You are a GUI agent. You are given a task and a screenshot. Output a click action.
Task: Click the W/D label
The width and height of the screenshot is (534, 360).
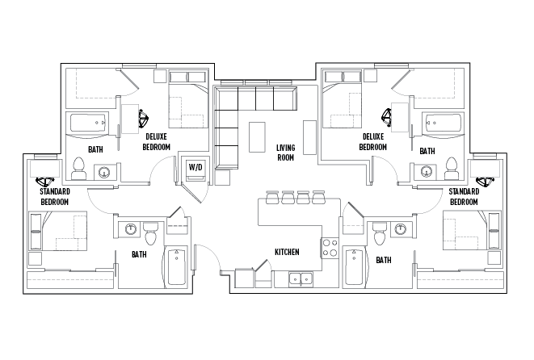pyautogui.click(x=196, y=167)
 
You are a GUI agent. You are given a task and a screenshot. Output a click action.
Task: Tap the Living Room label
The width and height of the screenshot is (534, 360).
pyautogui.click(x=285, y=153)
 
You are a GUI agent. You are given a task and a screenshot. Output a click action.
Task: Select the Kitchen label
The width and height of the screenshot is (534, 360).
pyautogui.click(x=287, y=252)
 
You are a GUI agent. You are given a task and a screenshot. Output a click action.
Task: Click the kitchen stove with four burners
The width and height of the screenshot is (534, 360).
pyautogui.click(x=330, y=248)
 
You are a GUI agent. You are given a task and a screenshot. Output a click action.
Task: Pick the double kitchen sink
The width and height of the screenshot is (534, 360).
pyautogui.click(x=301, y=279)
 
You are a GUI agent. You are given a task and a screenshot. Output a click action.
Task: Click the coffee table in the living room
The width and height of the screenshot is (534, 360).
pyautogui.click(x=257, y=137)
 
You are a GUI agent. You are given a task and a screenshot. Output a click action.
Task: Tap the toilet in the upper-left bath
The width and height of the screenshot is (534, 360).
pyautogui.click(x=78, y=169)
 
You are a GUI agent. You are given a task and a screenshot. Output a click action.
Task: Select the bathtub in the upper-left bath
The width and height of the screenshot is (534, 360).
pyautogui.click(x=88, y=123)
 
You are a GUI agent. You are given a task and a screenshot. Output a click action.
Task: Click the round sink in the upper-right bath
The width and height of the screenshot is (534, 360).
pyautogui.click(x=426, y=171)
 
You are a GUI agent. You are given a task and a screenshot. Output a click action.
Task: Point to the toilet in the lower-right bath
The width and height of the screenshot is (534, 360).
pyautogui.click(x=380, y=233)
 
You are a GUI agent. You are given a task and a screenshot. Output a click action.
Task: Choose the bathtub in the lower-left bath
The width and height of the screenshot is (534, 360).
pyautogui.click(x=176, y=267)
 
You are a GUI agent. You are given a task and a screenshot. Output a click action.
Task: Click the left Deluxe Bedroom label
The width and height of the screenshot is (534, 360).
pyautogui.click(x=156, y=142)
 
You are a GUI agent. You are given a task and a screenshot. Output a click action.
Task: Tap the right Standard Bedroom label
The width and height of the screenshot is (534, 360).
pyautogui.click(x=464, y=197)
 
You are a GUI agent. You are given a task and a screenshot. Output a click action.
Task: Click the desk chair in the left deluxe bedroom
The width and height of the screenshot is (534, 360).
pyautogui.click(x=143, y=117)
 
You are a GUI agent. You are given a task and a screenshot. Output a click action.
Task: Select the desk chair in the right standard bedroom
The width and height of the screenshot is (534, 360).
pyautogui.click(x=484, y=182)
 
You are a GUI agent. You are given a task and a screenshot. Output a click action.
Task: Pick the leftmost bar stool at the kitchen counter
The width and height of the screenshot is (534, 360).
pyautogui.click(x=272, y=197)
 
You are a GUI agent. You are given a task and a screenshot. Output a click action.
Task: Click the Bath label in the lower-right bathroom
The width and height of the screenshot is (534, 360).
pyautogui.click(x=384, y=260)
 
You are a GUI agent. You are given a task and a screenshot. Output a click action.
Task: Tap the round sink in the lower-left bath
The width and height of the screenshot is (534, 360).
pyautogui.click(x=130, y=229)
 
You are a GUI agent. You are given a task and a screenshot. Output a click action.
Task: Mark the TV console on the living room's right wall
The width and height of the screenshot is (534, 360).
pyautogui.click(x=309, y=137)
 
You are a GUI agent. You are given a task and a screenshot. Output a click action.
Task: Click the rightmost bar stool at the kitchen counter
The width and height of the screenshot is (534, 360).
pyautogui.click(x=319, y=197)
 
